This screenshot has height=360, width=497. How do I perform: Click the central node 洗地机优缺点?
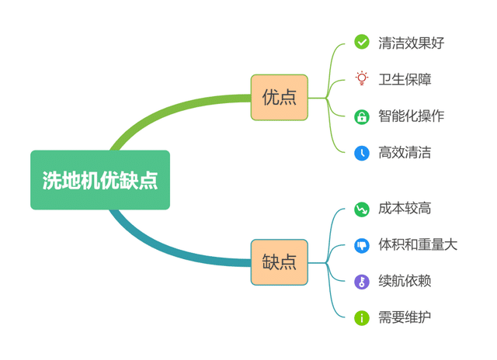pyautogui.click(x=100, y=180)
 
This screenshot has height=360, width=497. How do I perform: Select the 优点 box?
pyautogui.click(x=280, y=98)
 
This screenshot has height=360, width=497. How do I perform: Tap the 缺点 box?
pyautogui.click(x=280, y=262)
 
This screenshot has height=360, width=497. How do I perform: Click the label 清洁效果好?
pyautogui.click(x=411, y=43)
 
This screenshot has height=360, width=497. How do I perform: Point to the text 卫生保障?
pyautogui.click(x=405, y=79)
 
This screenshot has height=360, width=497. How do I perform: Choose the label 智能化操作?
pyautogui.click(x=411, y=116)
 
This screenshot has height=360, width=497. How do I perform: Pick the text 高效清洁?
pyautogui.click(x=405, y=153)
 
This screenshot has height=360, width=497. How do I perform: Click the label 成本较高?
pyautogui.click(x=405, y=208)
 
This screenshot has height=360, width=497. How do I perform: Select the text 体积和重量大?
pyautogui.click(x=418, y=245)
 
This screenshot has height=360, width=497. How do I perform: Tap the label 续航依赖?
pyautogui.click(x=405, y=281)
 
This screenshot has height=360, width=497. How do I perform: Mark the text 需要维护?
pyautogui.click(x=405, y=317)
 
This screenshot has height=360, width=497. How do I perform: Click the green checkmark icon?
pyautogui.click(x=362, y=42)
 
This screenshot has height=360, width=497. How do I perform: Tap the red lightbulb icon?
pyautogui.click(x=362, y=78)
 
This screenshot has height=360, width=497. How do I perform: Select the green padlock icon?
pyautogui.click(x=362, y=116)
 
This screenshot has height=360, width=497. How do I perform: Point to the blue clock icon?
pyautogui.click(x=362, y=153)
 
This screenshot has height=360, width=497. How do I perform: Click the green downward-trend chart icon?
pyautogui.click(x=362, y=209)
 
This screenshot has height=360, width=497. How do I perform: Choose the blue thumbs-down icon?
pyautogui.click(x=362, y=245)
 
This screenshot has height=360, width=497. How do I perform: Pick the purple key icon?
pyautogui.click(x=362, y=282)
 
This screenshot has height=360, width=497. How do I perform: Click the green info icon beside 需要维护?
pyautogui.click(x=362, y=317)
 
